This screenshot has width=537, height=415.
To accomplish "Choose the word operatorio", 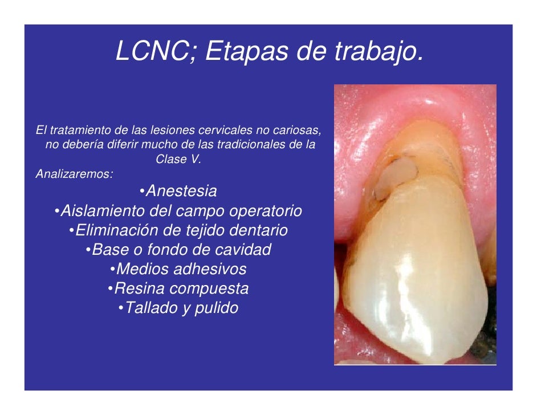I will coord(265,211).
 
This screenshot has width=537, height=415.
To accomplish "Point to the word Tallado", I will coord(149,308).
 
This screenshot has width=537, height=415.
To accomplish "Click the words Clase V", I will coord(178,160).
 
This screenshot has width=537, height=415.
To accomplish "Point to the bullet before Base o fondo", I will coord(88,250).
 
